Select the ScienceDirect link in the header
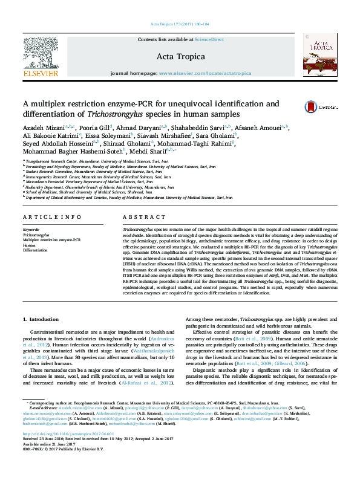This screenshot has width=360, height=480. [209, 39]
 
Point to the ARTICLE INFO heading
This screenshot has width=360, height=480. [51, 216]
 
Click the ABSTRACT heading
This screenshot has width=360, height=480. [140, 216]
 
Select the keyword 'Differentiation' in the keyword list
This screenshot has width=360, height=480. [34, 250]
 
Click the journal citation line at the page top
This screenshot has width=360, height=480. [180, 24]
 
